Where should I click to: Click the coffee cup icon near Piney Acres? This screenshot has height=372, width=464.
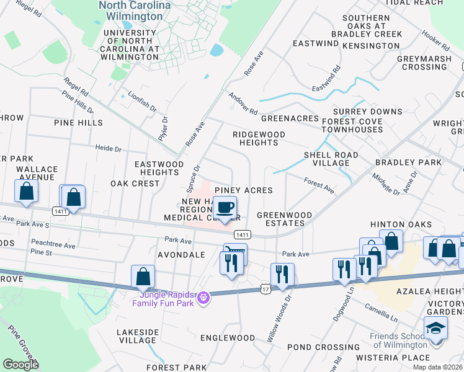[226, 206]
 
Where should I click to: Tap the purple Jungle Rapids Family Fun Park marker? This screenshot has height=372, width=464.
[202, 299]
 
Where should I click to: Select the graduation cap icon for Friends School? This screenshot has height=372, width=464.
[435, 327]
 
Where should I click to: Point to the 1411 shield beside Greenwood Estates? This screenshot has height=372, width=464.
[243, 234]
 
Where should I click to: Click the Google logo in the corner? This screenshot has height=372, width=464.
[20, 364]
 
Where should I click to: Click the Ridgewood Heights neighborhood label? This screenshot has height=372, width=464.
[259, 138]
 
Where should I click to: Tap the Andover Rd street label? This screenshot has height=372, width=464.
[243, 104]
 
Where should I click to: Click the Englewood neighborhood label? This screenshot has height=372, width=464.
[228, 338]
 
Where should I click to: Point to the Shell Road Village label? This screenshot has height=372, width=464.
[331, 159]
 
